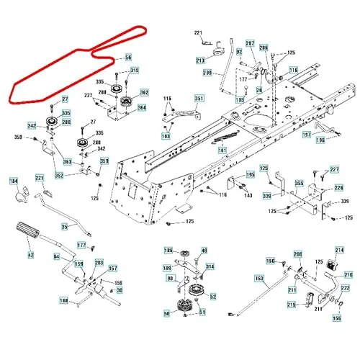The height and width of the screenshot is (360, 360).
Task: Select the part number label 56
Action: [x=128, y=58]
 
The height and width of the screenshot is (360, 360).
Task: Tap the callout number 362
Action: [x=143, y=93]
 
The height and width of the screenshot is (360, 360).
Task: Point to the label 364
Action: [x=141, y=108]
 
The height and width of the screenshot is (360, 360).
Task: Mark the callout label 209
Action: [x=207, y=73]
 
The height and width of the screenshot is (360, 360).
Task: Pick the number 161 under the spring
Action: [x=222, y=150]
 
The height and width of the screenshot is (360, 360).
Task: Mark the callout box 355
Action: [x=298, y=184]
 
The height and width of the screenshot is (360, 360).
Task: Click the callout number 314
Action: [x=210, y=266]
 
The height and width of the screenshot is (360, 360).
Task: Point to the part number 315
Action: [x=134, y=71]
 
